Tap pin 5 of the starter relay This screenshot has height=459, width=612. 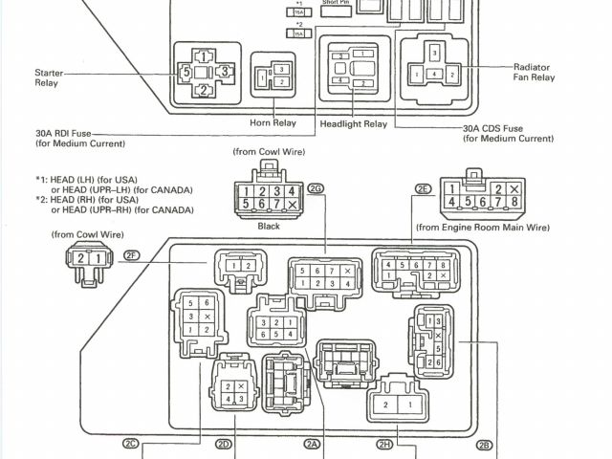point(186,72)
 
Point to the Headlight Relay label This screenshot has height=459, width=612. point(353,124)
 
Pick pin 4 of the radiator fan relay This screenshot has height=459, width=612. point(435,74)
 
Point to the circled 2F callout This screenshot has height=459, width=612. point(132,253)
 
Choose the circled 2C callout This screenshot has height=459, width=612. point(132,443)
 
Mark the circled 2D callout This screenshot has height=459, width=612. point(225,443)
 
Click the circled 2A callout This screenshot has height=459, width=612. point(312,443)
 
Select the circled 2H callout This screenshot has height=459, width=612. point(384,443)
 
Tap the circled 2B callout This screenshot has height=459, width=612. point(484,443)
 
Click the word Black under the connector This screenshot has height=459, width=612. point(269,228)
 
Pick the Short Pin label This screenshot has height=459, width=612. point(335,3)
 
